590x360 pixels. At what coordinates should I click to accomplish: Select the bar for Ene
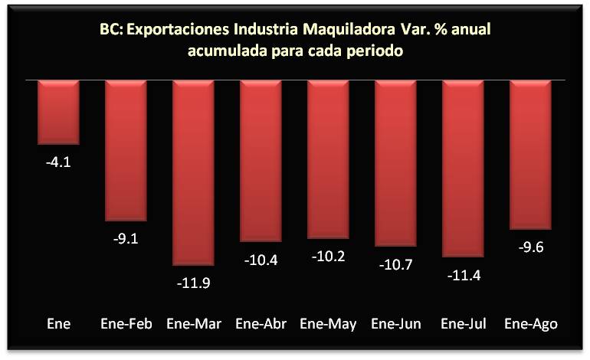(x=58, y=112)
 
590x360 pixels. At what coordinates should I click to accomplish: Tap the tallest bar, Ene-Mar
(x=193, y=172)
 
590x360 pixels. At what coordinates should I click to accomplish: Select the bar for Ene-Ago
(x=530, y=154)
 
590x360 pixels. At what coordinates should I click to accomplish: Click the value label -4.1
(x=58, y=162)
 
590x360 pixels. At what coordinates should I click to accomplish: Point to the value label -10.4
(x=261, y=260)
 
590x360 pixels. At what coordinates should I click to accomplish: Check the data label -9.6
(x=530, y=247)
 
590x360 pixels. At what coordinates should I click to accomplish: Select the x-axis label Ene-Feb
(x=125, y=324)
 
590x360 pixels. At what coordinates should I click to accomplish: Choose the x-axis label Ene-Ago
(x=530, y=324)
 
